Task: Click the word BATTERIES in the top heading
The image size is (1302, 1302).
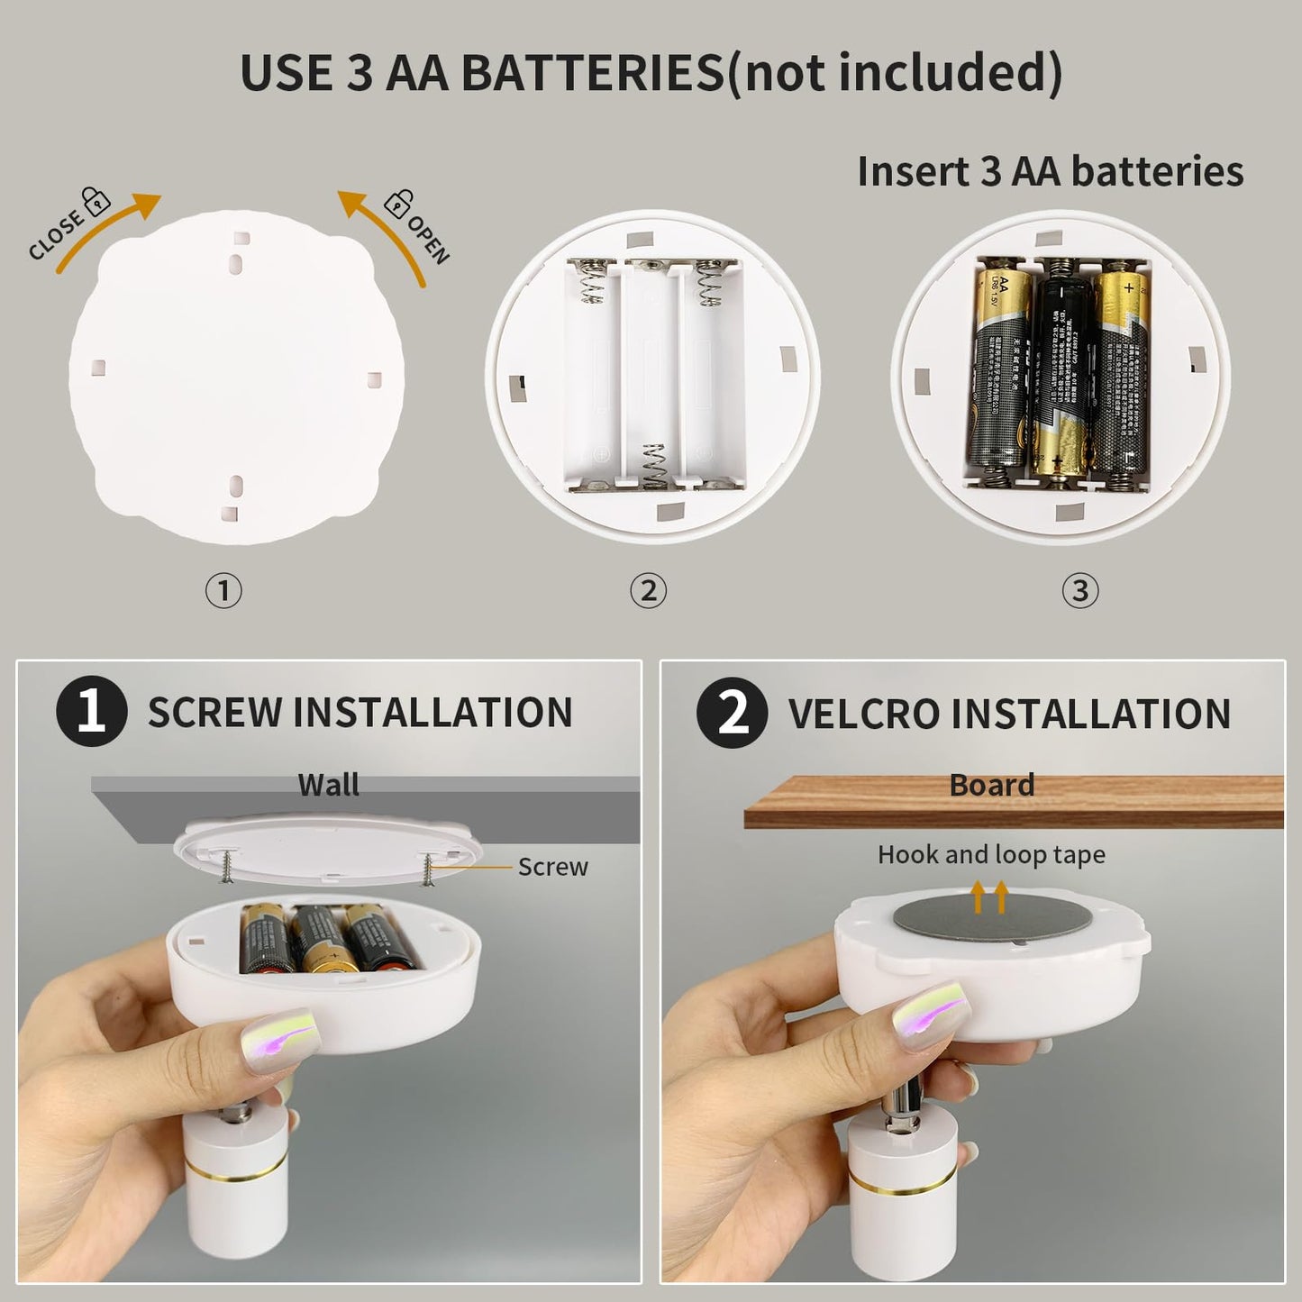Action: point(593,72)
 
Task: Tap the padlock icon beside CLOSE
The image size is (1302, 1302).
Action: point(96,200)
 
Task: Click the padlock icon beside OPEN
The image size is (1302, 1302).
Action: point(397,204)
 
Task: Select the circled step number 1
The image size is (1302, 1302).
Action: point(223,591)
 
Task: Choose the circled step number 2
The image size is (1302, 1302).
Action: point(648,591)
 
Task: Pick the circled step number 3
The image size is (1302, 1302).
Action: point(1080,591)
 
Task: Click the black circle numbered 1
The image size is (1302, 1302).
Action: point(91,711)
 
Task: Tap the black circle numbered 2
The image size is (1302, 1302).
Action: point(732,712)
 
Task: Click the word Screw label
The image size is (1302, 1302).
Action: point(552,867)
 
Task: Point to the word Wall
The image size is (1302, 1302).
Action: point(328,785)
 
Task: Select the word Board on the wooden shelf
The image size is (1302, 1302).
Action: point(991,785)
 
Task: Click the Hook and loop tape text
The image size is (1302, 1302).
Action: point(991,854)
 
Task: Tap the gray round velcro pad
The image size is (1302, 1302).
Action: point(973,919)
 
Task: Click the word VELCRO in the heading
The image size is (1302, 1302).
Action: point(864,714)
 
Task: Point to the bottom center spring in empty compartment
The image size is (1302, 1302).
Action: point(656,466)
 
